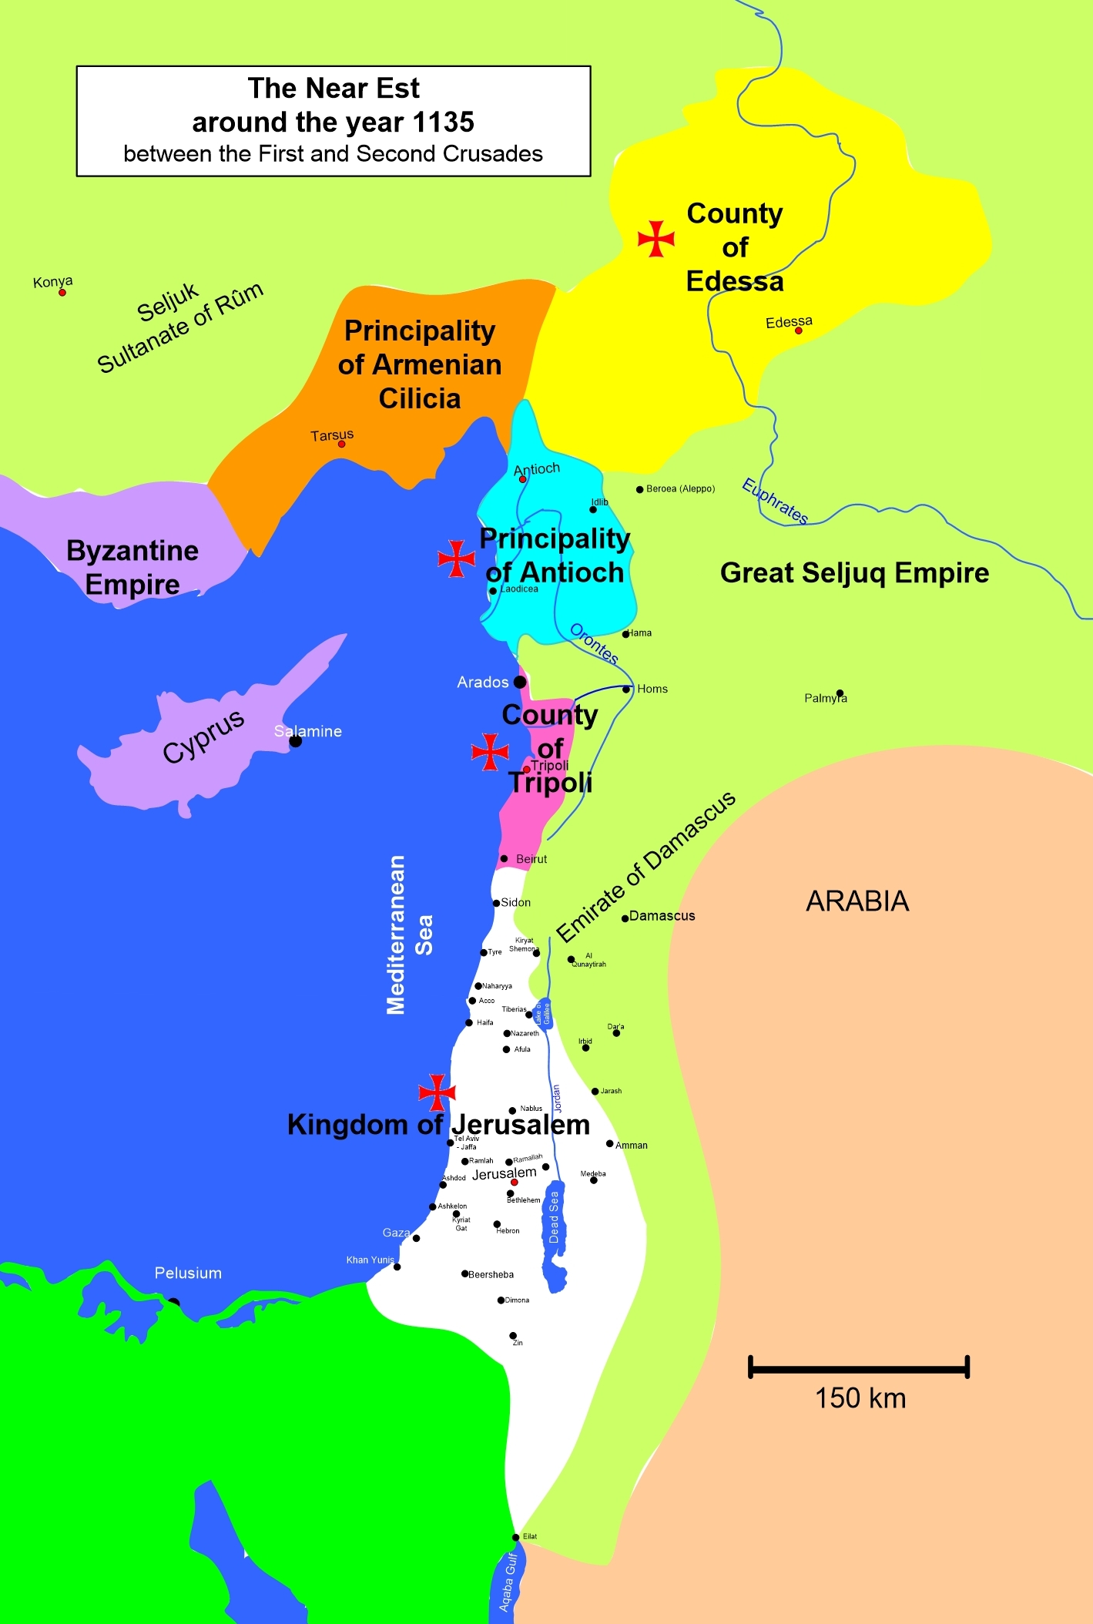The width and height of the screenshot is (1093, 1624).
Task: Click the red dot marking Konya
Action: pyautogui.click(x=62, y=293)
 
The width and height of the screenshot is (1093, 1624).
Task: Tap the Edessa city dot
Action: pyautogui.click(x=799, y=331)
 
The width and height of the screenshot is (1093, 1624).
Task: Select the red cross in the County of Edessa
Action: pyautogui.click(x=656, y=238)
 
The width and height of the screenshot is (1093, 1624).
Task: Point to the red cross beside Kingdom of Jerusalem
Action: pyautogui.click(x=437, y=1092)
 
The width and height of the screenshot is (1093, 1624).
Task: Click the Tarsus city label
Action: pyautogui.click(x=332, y=435)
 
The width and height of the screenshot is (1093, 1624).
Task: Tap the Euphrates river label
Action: pyautogui.click(x=775, y=501)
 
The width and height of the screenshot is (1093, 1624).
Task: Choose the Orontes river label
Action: pyautogui.click(x=594, y=643)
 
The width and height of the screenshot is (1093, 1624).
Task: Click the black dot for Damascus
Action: pyautogui.click(x=625, y=918)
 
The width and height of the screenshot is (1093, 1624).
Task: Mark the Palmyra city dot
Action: pyautogui.click(x=840, y=693)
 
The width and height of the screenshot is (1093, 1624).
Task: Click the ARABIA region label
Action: pyautogui.click(x=857, y=901)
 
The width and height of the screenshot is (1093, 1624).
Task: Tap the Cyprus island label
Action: pyautogui.click(x=203, y=736)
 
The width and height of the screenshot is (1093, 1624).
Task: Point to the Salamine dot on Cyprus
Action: pyautogui.click(x=295, y=741)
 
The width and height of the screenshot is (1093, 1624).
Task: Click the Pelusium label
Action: pyautogui.click(x=188, y=1273)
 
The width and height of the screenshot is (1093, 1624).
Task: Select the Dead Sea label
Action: pyautogui.click(x=554, y=1217)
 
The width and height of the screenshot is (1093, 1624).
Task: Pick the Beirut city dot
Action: pyautogui.click(x=504, y=858)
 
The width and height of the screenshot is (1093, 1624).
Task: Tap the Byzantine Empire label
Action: pyautogui.click(x=132, y=567)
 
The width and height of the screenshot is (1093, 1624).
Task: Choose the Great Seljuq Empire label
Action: pyautogui.click(x=854, y=572)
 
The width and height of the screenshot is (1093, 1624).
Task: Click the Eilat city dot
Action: pyautogui.click(x=516, y=1537)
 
